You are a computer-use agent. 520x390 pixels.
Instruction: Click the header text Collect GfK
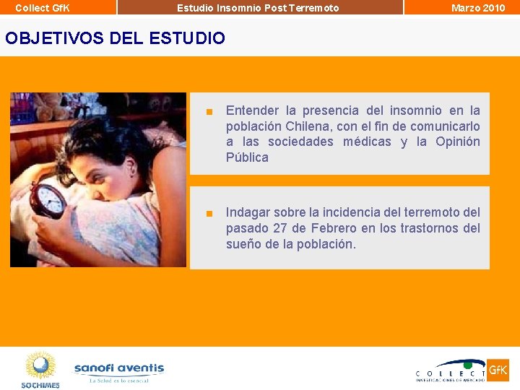coord(42,8)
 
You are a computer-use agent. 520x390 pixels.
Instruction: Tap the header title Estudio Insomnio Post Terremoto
coord(258,8)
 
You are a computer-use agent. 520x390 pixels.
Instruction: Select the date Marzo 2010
coord(478,8)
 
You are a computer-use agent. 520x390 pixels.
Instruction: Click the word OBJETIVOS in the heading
coord(55,38)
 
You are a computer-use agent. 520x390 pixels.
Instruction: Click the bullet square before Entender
coord(208,112)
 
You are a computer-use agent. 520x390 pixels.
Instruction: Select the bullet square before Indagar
coord(208,214)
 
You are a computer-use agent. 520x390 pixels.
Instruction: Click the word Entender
coord(251,111)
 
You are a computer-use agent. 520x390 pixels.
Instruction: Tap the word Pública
coord(247,157)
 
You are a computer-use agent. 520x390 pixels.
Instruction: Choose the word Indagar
coord(248,213)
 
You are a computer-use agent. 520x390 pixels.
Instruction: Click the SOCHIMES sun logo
coord(40,368)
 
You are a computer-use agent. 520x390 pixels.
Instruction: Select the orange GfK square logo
coord(498,370)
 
